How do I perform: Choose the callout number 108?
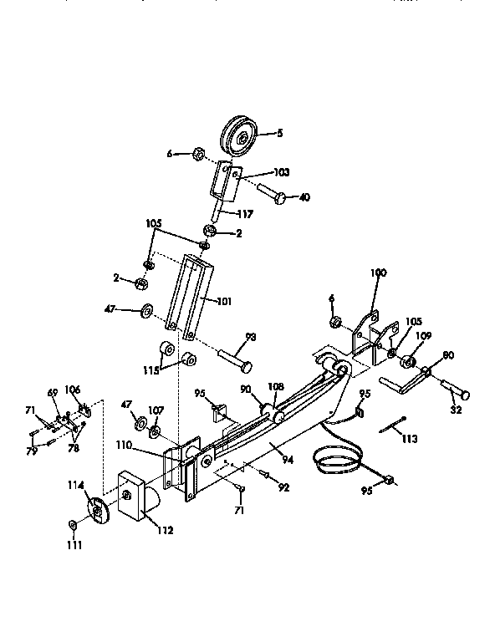point(277,387)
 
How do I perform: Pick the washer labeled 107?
point(156,432)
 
